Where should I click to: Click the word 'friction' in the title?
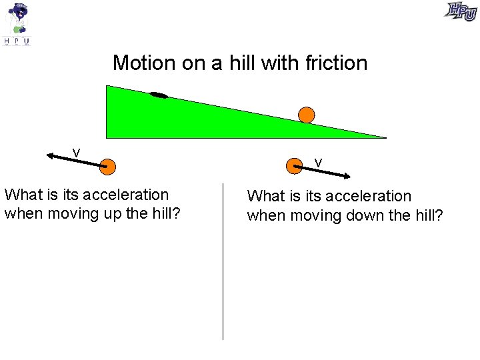pyautogui.click(x=336, y=63)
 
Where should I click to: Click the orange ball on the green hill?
pyautogui.click(x=306, y=115)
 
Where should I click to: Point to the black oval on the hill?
pyautogui.click(x=159, y=95)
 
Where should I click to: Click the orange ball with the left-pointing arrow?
pyautogui.click(x=107, y=166)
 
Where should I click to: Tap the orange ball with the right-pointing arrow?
pyautogui.click(x=294, y=165)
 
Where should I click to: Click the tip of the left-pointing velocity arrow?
pyautogui.click(x=49, y=155)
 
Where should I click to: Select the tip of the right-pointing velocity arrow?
pyautogui.click(x=350, y=177)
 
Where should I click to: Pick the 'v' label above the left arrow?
pyautogui.click(x=77, y=153)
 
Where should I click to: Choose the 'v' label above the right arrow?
pyautogui.click(x=319, y=163)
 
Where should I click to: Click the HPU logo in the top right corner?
pyautogui.click(x=461, y=11)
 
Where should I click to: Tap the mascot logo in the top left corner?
pyautogui.click(x=17, y=23)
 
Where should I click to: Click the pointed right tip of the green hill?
pyautogui.click(x=385, y=137)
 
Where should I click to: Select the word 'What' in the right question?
pyautogui.click(x=265, y=196)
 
